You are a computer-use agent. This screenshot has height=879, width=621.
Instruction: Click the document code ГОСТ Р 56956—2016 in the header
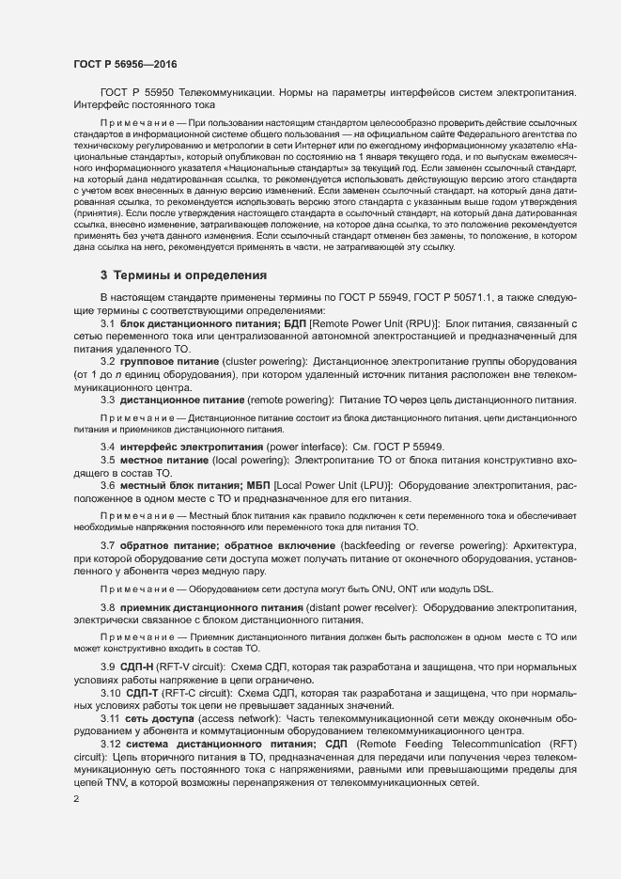pos(124,64)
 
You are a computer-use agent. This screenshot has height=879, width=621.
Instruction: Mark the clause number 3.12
pos(115,745)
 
